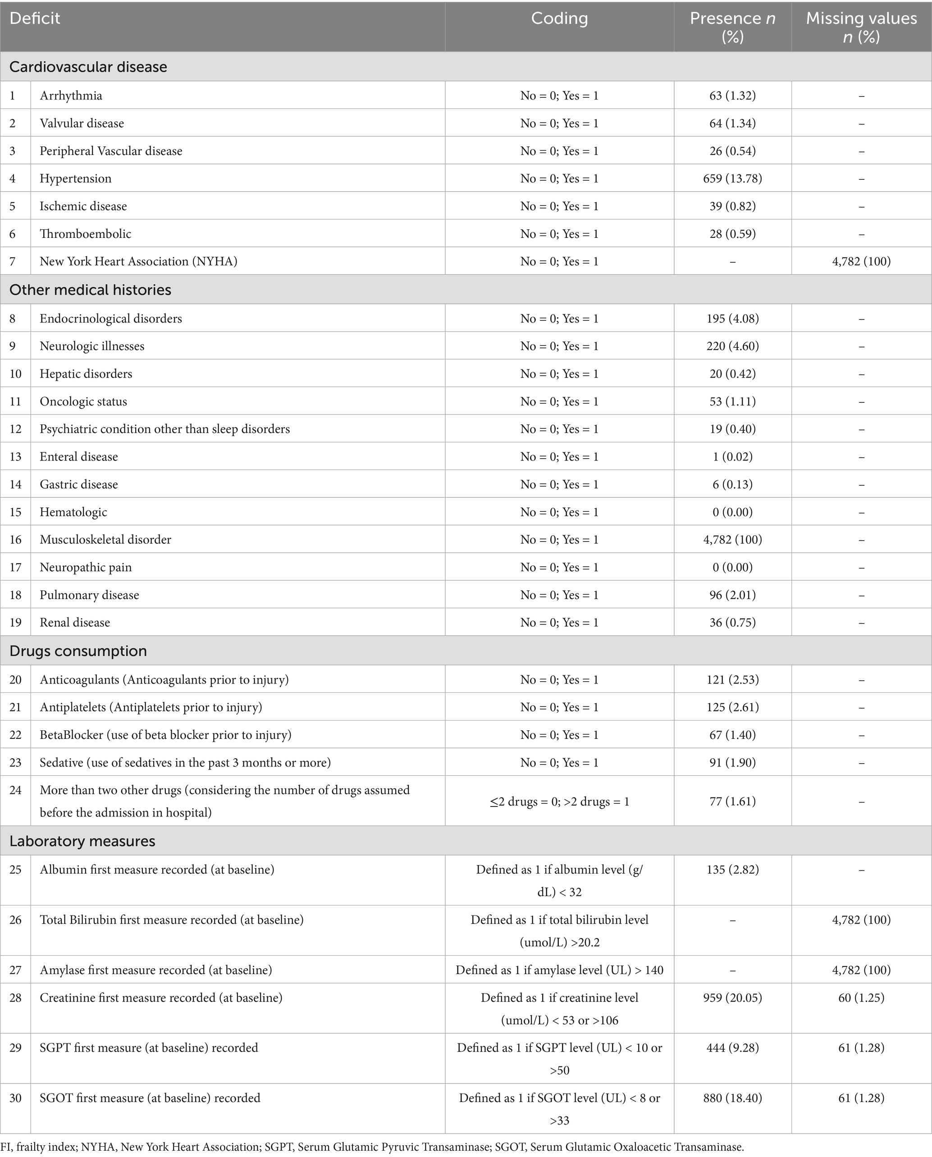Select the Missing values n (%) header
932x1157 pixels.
click(x=861, y=27)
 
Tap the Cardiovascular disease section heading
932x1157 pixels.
click(x=88, y=67)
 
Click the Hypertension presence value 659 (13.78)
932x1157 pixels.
click(x=732, y=179)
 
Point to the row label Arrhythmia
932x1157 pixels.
click(x=71, y=96)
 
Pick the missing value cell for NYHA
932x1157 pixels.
click(x=861, y=261)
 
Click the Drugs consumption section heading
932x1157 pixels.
click(x=78, y=651)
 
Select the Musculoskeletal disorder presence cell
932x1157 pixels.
click(x=732, y=539)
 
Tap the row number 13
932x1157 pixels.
click(x=16, y=457)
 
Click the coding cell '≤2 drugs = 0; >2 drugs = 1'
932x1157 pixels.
click(x=559, y=801)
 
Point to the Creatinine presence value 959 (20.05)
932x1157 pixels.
click(x=732, y=998)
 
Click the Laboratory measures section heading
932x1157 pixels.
click(x=82, y=841)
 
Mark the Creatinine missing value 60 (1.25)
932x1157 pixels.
click(x=861, y=998)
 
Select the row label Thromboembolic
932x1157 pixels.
click(x=85, y=234)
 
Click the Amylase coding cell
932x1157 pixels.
click(x=559, y=970)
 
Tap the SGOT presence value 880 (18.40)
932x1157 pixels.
click(x=732, y=1098)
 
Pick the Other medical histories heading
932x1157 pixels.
click(x=90, y=290)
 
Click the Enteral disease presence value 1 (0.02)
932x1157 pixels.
click(x=732, y=457)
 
